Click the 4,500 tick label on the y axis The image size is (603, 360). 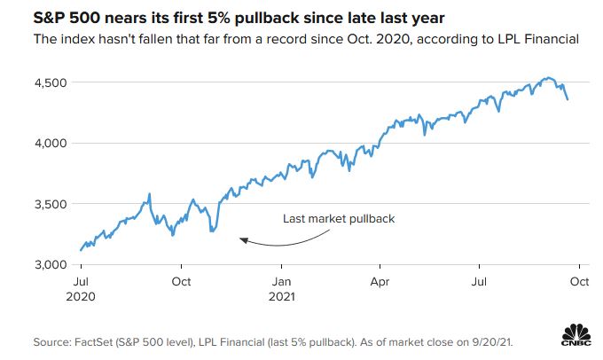51,82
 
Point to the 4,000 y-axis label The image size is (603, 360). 51,143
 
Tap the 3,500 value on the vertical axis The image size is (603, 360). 51,204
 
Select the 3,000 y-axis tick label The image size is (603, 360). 51,265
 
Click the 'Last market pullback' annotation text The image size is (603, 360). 338,219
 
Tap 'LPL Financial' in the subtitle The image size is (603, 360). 534,39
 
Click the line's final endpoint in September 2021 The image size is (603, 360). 568,99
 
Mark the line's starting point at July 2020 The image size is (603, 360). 81,250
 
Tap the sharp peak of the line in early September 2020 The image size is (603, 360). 150,193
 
